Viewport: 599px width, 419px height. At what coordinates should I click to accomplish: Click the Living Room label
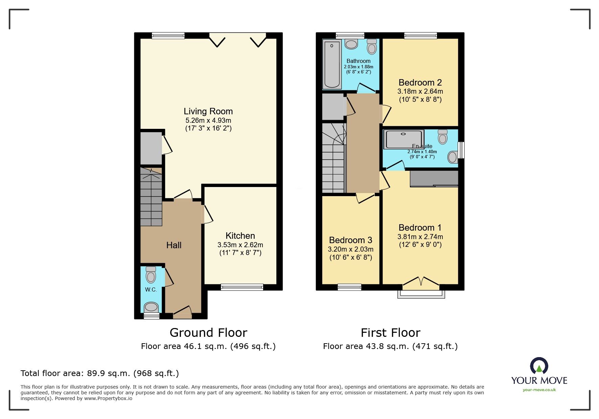pos(208,111)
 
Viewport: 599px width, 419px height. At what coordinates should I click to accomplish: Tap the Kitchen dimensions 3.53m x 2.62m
pos(240,245)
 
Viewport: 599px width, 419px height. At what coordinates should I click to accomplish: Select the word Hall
pos(174,245)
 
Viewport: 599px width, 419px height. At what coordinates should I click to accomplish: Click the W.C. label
pos(151,289)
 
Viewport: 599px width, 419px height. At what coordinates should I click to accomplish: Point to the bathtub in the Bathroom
pos(331,64)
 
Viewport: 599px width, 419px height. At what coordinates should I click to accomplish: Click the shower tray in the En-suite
pos(404,139)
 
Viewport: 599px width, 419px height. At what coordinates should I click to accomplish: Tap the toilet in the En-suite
pos(442,137)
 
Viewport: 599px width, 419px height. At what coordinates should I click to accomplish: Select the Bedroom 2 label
pos(420,83)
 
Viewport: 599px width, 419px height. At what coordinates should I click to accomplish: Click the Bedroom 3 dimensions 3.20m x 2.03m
pos(351,249)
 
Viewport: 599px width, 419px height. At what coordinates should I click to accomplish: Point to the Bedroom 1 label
pos(420,228)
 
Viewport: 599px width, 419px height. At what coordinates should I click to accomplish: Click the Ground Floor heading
pos(208,333)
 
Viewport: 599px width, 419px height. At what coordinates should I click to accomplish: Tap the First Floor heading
pos(390,333)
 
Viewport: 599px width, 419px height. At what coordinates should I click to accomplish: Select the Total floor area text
pos(100,373)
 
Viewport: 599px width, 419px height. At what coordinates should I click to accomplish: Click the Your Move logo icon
pos(539,366)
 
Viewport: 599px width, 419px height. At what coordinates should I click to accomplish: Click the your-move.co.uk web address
pos(539,390)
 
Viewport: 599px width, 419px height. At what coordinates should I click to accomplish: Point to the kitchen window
pos(242,287)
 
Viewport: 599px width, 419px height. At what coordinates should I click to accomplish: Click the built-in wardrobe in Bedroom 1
pos(434,179)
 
